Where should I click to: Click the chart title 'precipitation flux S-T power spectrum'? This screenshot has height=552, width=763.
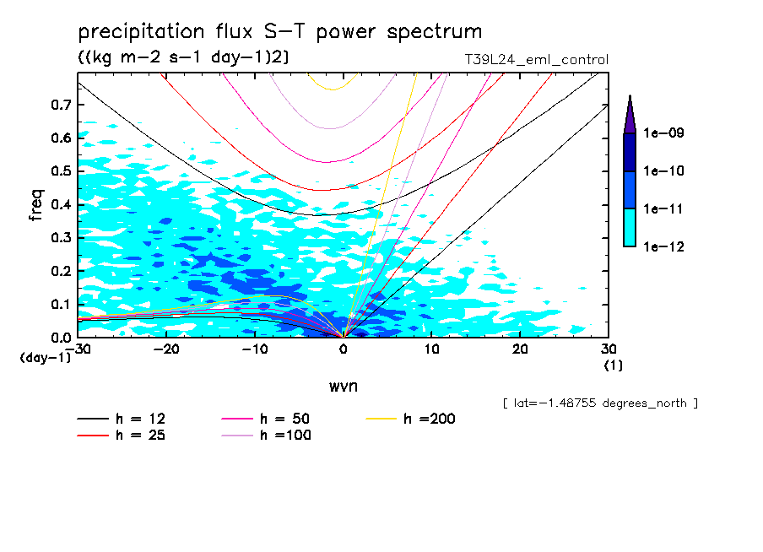tap(279, 32)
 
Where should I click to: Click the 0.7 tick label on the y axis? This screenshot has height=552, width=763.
tap(61, 105)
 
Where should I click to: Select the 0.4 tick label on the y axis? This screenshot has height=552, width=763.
tap(61, 204)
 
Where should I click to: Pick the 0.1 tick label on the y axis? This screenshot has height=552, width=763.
tap(61, 304)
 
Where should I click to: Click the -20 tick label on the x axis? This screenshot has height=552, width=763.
tap(166, 349)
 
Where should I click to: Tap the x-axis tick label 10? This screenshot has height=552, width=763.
tap(431, 349)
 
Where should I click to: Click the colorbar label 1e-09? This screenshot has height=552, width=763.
tap(663, 133)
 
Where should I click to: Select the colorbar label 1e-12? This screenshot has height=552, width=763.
tap(663, 246)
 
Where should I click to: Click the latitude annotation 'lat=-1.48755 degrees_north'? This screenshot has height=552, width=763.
tap(600, 403)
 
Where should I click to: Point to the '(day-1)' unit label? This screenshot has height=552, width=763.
tap(46, 358)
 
